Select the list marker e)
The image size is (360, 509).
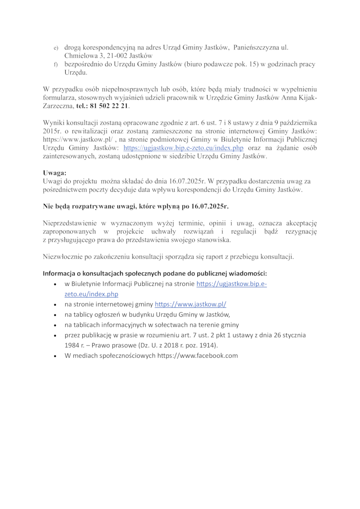(x=56, y=48)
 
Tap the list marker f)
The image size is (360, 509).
(x=56, y=65)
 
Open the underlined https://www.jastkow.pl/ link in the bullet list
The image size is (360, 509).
(x=190, y=304)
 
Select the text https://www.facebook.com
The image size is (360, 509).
(x=197, y=356)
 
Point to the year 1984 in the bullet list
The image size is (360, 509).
(x=72, y=345)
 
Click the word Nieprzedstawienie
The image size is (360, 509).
(x=70, y=223)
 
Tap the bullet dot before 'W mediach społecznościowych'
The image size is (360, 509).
(x=54, y=356)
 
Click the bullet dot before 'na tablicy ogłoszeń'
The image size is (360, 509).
(x=54, y=315)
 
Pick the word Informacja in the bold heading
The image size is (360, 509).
(x=59, y=274)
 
